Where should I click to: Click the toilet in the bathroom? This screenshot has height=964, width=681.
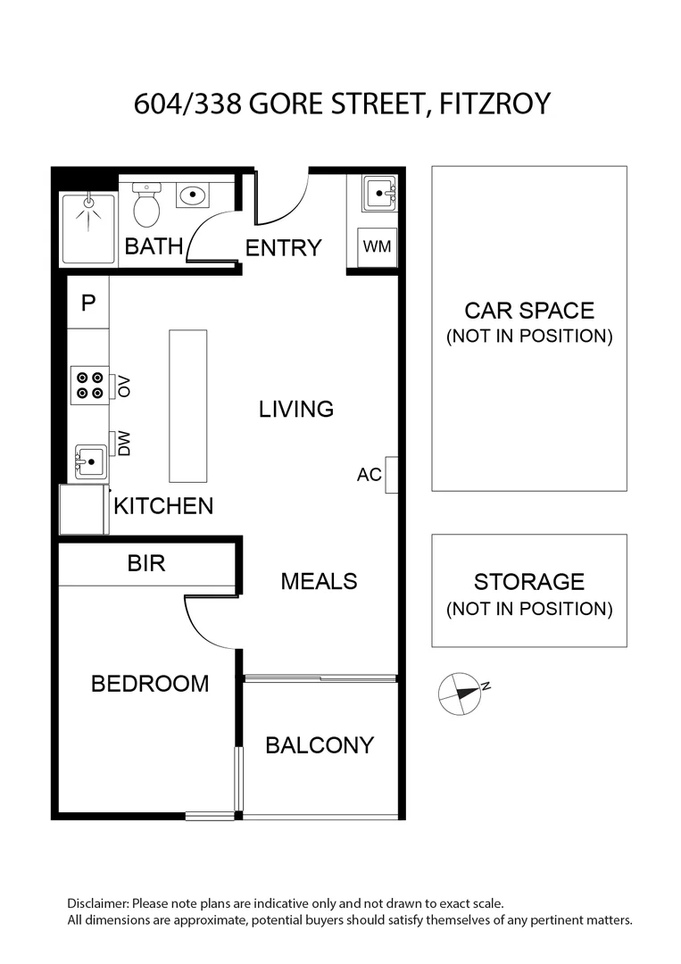tap(146, 204)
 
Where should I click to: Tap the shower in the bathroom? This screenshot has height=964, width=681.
tap(87, 229)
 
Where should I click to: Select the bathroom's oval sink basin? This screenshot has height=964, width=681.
tap(193, 195)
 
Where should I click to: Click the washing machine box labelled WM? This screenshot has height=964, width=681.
tap(377, 246)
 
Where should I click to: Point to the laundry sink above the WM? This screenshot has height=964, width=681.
tap(379, 194)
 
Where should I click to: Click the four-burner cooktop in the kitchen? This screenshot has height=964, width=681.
tap(90, 386)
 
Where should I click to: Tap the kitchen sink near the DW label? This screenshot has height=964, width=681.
tap(90, 461)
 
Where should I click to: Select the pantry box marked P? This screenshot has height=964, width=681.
tap(87, 302)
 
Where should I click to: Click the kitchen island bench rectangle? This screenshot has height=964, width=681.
tap(188, 406)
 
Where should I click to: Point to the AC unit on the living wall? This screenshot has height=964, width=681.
tap(392, 475)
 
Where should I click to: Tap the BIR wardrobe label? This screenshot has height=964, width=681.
tap(146, 563)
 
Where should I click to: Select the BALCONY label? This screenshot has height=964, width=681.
tap(320, 745)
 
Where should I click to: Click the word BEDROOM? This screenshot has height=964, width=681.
tap(150, 684)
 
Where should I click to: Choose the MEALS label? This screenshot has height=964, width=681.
tap(319, 581)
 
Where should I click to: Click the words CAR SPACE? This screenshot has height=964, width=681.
tap(529, 311)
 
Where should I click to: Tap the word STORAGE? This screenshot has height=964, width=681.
tap(529, 582)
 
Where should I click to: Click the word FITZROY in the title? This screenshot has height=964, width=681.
tap(495, 104)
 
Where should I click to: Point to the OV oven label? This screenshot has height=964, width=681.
tap(124, 386)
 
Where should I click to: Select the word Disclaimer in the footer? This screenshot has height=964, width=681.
tap(98, 903)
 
